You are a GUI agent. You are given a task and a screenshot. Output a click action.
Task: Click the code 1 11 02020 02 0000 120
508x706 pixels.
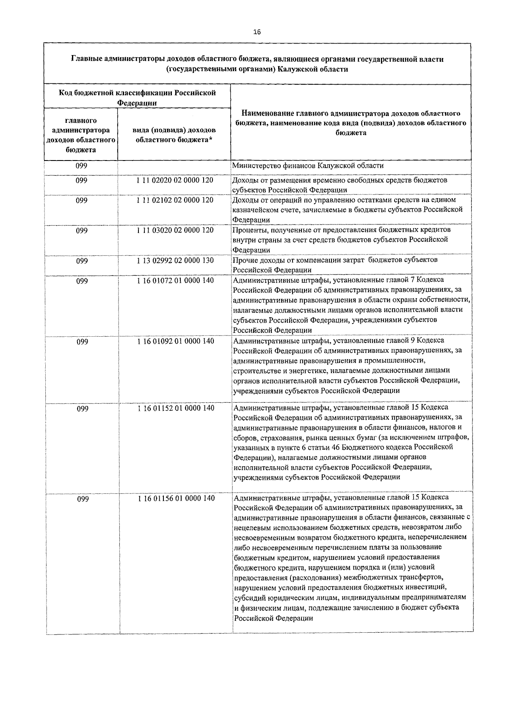pyautogui.click(x=175, y=180)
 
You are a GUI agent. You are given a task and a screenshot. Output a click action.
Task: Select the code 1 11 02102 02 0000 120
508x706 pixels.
pyautogui.click(x=175, y=200)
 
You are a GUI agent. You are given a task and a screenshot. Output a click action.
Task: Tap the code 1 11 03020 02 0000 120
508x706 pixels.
pyautogui.click(x=175, y=230)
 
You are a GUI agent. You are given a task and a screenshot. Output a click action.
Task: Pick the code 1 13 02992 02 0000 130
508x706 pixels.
pyautogui.click(x=175, y=260)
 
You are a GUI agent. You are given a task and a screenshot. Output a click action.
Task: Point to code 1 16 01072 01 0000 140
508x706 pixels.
pyautogui.click(x=175, y=280)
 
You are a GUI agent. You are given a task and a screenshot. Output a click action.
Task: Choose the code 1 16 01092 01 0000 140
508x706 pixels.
pyautogui.click(x=175, y=341)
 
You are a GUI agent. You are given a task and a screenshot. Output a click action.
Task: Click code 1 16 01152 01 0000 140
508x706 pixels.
pyautogui.click(x=175, y=408)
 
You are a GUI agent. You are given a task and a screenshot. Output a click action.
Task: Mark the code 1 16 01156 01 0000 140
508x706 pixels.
pyautogui.click(x=175, y=498)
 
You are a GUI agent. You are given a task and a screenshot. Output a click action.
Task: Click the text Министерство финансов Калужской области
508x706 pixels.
pyautogui.click(x=308, y=166)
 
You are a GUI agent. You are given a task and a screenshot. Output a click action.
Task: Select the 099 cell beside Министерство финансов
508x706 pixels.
pyautogui.click(x=81, y=166)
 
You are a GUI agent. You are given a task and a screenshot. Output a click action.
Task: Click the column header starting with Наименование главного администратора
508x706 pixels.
pyautogui.click(x=351, y=123)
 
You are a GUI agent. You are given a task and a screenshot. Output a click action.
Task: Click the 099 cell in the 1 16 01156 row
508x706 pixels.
pyautogui.click(x=83, y=499)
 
